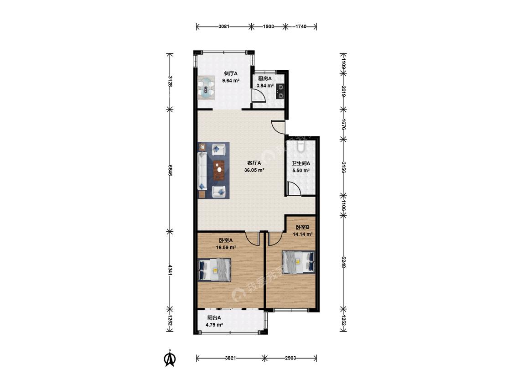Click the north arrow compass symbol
170,358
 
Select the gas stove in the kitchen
280,91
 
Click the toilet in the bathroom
301,146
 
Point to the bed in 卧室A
215,270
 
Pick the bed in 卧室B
299,262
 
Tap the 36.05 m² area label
254,170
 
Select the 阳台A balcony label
214,317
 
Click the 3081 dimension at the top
224,26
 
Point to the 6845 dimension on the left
170,170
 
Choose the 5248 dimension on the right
343,262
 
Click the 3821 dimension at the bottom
230,358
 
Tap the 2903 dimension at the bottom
290,358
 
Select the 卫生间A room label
301,163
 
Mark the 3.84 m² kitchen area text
264,86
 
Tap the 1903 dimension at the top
268,26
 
